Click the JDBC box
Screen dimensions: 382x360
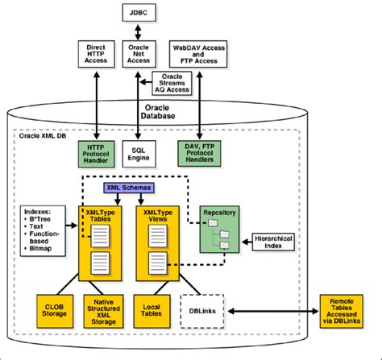pos(139,13)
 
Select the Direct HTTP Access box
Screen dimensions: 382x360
pos(96,54)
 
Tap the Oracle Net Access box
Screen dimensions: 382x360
pos(139,54)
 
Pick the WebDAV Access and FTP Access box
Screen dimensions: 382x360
pos(198,54)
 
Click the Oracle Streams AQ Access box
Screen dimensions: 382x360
pos(172,83)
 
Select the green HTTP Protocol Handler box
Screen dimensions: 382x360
pos(96,154)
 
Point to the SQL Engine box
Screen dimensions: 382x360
pos(139,154)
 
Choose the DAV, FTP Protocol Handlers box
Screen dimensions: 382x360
pos(199,153)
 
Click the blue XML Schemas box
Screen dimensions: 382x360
pos(129,188)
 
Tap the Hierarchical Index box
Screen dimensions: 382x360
pos(273,242)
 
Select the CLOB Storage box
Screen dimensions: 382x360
pos(55,311)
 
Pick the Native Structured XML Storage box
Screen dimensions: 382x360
pos(103,311)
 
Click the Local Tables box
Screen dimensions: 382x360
pos(152,311)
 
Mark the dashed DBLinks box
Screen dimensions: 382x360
pos(202,311)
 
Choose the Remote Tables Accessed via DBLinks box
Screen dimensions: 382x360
pos(342,311)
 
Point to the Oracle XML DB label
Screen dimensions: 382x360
pos(43,135)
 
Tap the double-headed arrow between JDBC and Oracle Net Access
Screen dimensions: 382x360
pos(138,31)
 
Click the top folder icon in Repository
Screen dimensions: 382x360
pos(213,222)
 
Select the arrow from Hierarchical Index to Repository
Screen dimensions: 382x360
pos(247,242)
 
